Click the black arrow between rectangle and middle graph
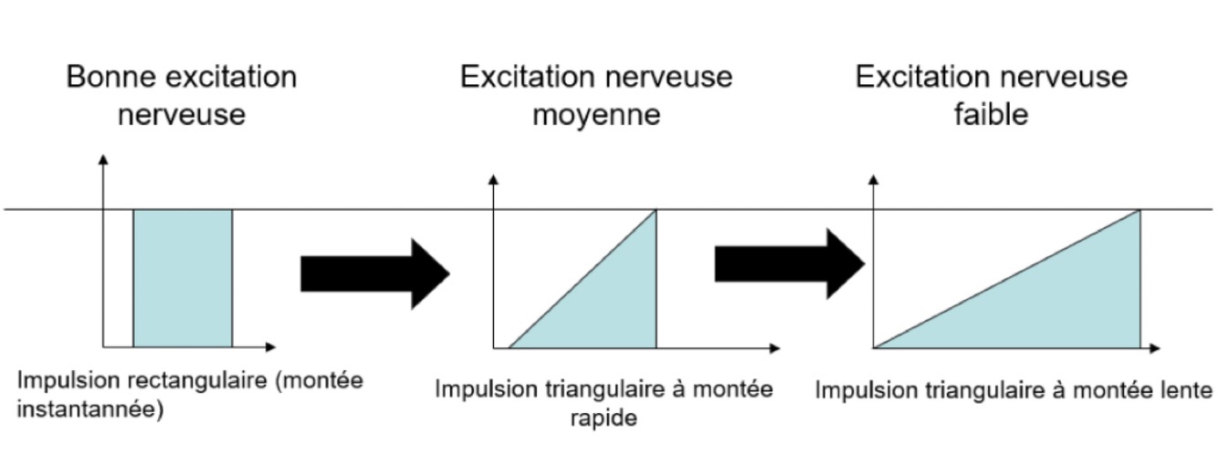[x=374, y=273]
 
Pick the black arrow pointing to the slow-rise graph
[x=788, y=264]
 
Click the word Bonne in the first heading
[x=109, y=77]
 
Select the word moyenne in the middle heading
[x=596, y=116]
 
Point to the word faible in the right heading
[x=990, y=116]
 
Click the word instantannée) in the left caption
[x=90, y=410]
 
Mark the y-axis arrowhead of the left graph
[x=103, y=160]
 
